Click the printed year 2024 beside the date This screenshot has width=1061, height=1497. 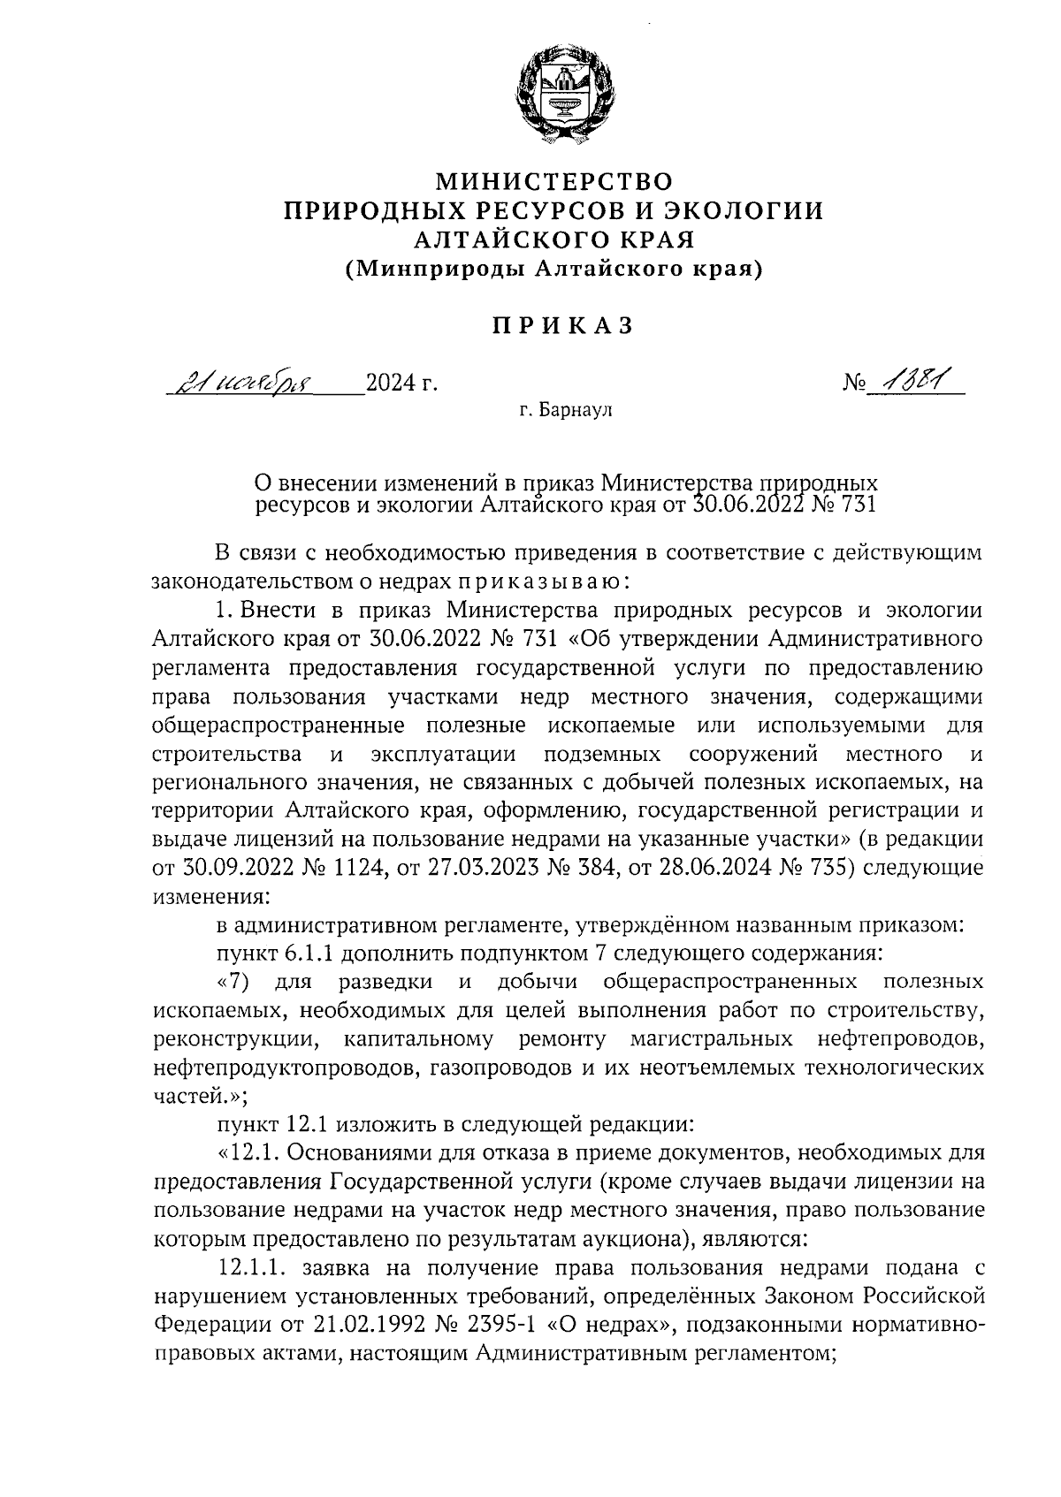(391, 384)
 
